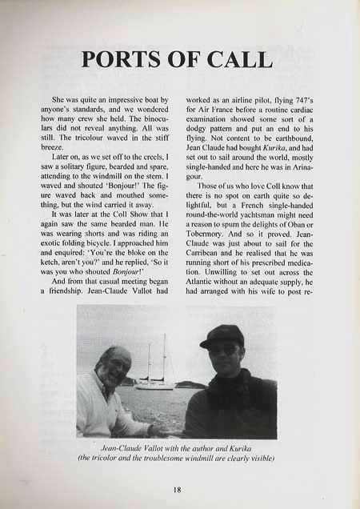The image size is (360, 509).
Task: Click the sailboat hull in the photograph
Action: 154,386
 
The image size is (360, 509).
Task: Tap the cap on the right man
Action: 222,335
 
